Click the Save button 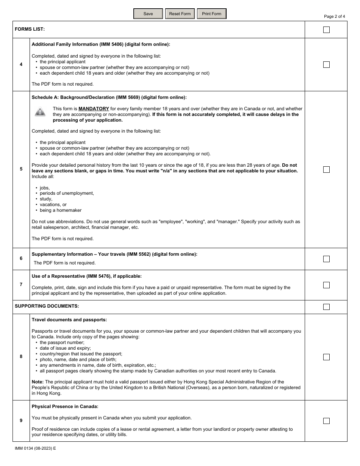(x=148, y=14)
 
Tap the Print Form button (x=211, y=14)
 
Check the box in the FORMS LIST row (x=326, y=30)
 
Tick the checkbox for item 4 (x=326, y=65)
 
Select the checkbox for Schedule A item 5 (x=326, y=170)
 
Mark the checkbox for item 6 (x=326, y=259)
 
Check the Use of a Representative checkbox (x=326, y=285)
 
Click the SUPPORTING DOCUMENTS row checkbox (x=326, y=307)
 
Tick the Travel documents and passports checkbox (x=326, y=357)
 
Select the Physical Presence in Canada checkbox (x=326, y=421)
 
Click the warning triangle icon (x=40, y=112)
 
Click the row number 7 (x=21, y=285)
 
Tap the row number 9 (x=21, y=421)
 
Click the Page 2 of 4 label (x=334, y=16)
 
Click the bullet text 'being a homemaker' (x=61, y=210)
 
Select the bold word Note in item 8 (x=38, y=382)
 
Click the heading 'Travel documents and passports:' (x=69, y=320)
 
